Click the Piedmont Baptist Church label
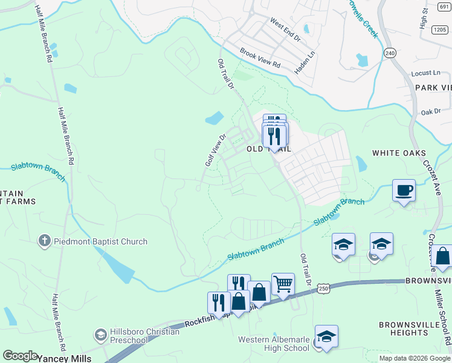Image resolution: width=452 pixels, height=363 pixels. [100, 241]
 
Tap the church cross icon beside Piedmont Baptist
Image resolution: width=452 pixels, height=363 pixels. [44, 241]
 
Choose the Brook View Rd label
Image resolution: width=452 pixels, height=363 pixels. [260, 57]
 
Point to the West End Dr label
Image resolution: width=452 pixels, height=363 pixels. [285, 30]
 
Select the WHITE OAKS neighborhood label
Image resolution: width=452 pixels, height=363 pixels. [399, 153]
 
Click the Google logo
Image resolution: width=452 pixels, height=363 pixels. [20, 356]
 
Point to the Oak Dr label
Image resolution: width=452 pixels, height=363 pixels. [431, 112]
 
